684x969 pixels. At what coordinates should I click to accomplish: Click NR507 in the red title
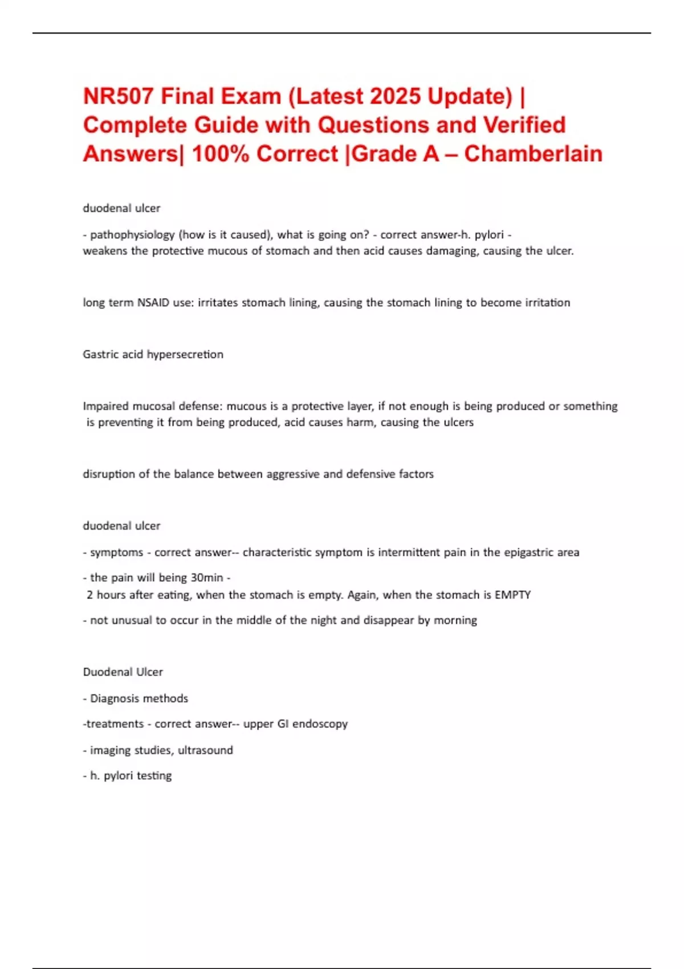pos(118,96)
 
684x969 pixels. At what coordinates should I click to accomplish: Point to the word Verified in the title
pos(524,125)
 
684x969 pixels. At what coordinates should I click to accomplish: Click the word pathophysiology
pos(132,235)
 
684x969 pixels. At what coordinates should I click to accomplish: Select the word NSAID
pos(153,303)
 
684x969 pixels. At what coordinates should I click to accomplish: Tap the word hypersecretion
pos(185,355)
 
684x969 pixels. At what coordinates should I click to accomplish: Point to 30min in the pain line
pos(207,577)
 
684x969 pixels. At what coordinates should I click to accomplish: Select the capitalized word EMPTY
pos(512,595)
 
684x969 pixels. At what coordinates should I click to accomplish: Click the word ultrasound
pos(205,750)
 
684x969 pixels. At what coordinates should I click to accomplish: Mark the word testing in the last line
pos(154,776)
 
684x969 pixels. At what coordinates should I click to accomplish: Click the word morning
pos(455,620)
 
